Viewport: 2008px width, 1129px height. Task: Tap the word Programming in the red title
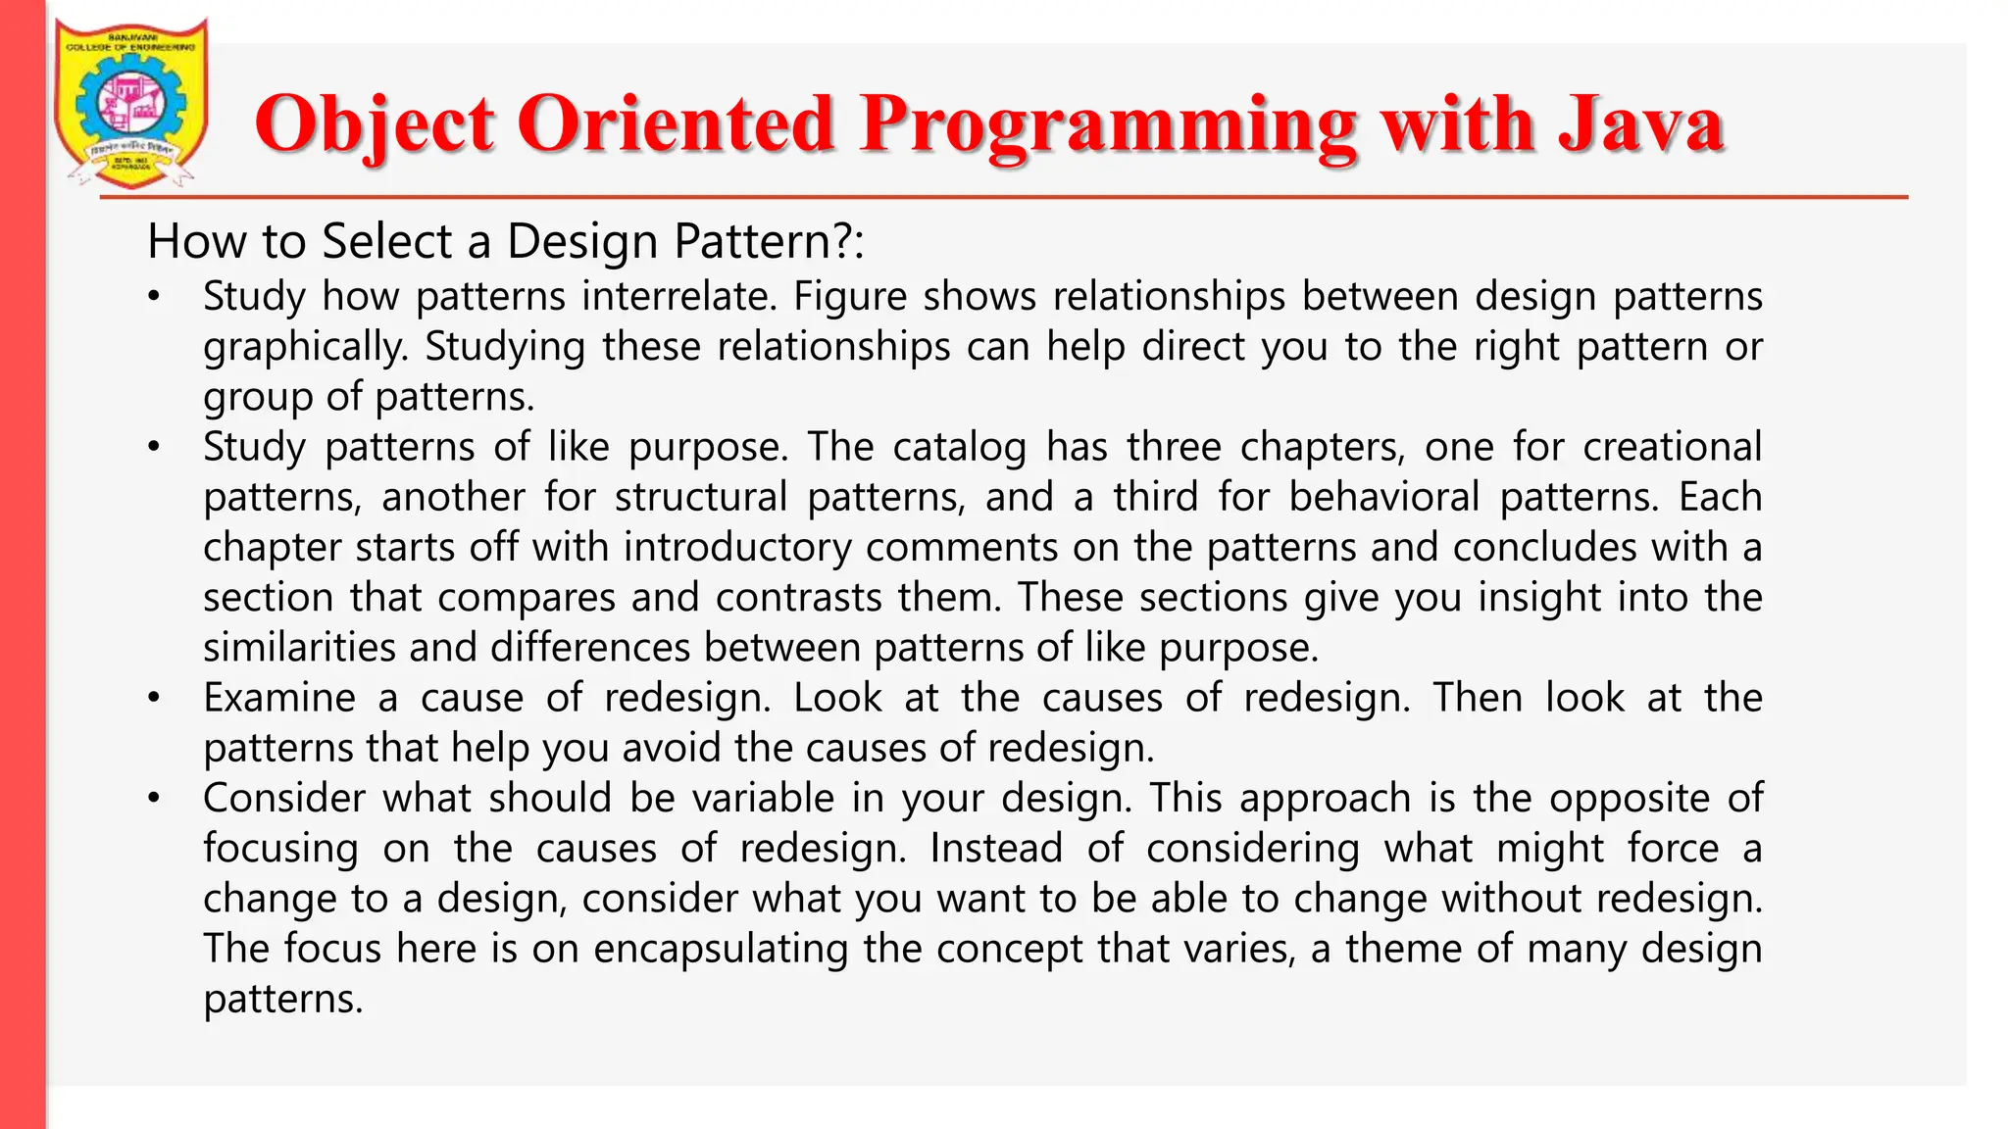coord(1108,124)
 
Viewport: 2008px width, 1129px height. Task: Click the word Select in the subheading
coord(387,241)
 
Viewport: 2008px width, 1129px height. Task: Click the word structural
coord(700,497)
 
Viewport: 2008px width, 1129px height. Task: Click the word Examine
coord(278,698)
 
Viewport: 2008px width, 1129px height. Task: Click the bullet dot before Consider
coord(154,799)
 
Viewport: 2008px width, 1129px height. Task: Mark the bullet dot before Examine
coord(154,699)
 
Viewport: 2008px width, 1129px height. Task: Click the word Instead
coord(995,848)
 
